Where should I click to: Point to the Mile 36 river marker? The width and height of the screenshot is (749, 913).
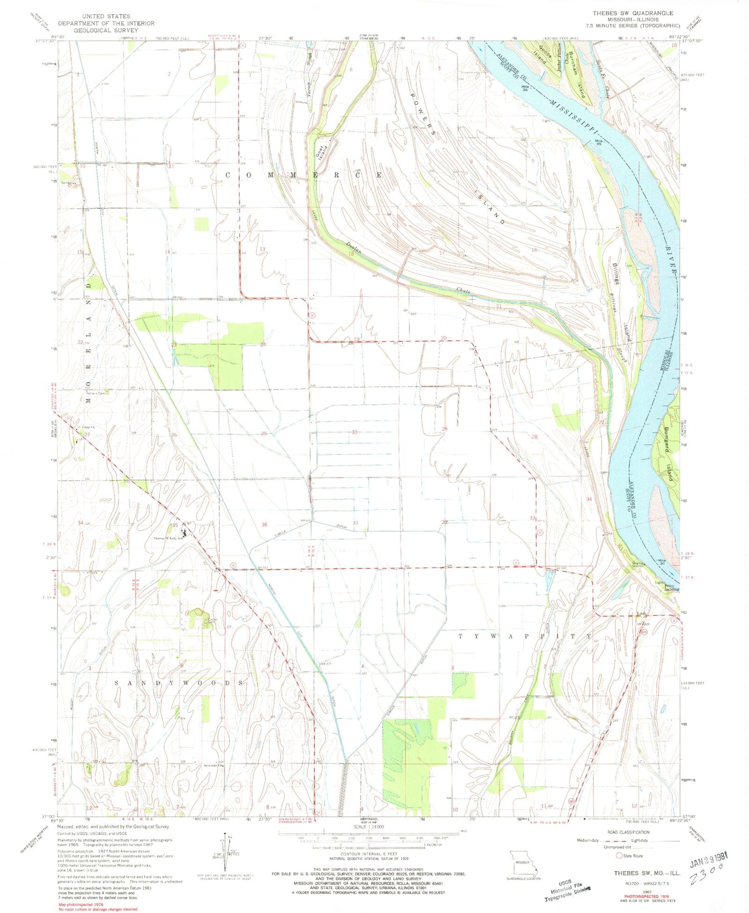(525, 88)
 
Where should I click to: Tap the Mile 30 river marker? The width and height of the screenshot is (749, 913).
(662, 562)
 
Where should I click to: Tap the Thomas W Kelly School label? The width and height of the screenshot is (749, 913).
(167, 539)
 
